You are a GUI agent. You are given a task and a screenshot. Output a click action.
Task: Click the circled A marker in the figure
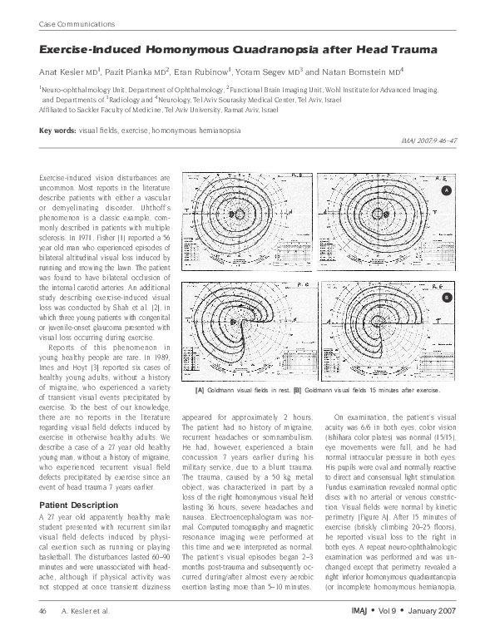click(446, 190)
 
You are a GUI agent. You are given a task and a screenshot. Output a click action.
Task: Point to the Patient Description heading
click(73, 526)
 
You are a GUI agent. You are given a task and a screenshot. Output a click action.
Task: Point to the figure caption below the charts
click(317, 389)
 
